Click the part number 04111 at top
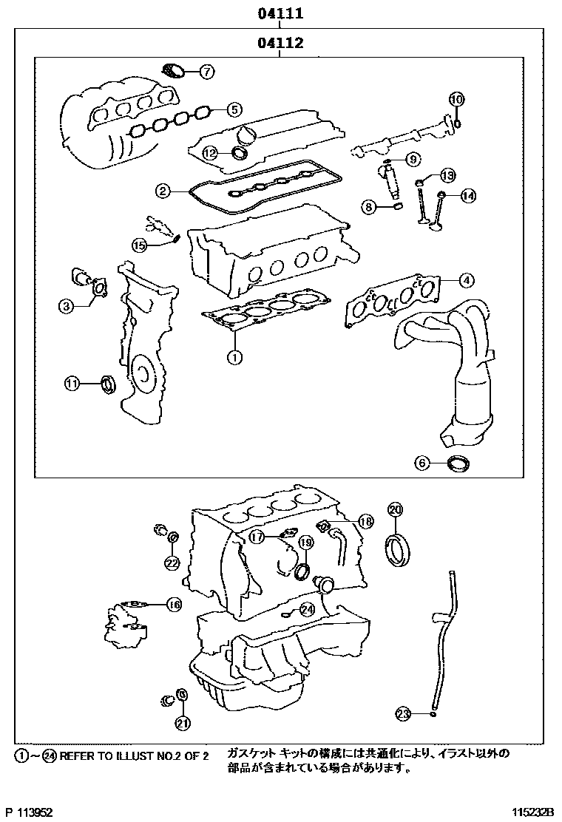(280, 13)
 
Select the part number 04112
(280, 43)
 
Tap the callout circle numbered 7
(206, 72)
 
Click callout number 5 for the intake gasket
(234, 109)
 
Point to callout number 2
(163, 191)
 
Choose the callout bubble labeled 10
(456, 99)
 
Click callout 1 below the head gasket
(234, 358)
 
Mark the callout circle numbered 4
(466, 280)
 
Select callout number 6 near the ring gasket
(421, 463)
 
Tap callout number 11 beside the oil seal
(72, 383)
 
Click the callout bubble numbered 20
(395, 509)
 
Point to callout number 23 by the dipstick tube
(403, 713)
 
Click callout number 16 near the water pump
(173, 605)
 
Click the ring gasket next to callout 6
(460, 465)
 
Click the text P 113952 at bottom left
(29, 812)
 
